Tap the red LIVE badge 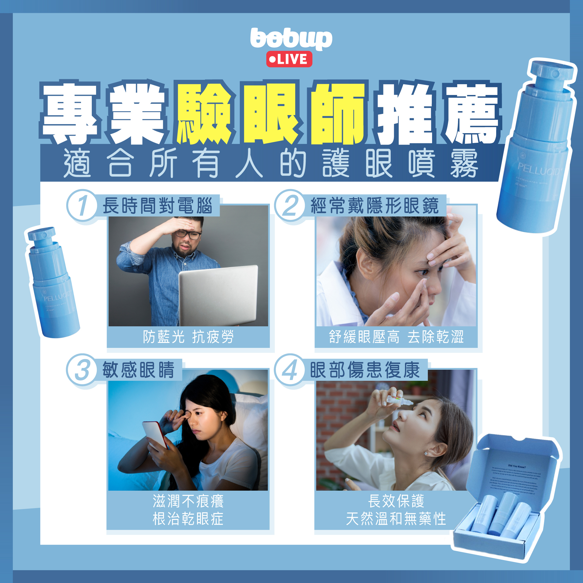tap(289, 59)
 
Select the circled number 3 tap(82, 370)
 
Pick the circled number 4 tap(290, 370)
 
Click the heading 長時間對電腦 tap(158, 206)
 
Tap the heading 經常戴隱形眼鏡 tap(374, 206)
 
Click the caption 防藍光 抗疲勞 tap(188, 337)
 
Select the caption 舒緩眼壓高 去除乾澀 tap(396, 337)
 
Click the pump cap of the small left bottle tap(42, 234)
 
